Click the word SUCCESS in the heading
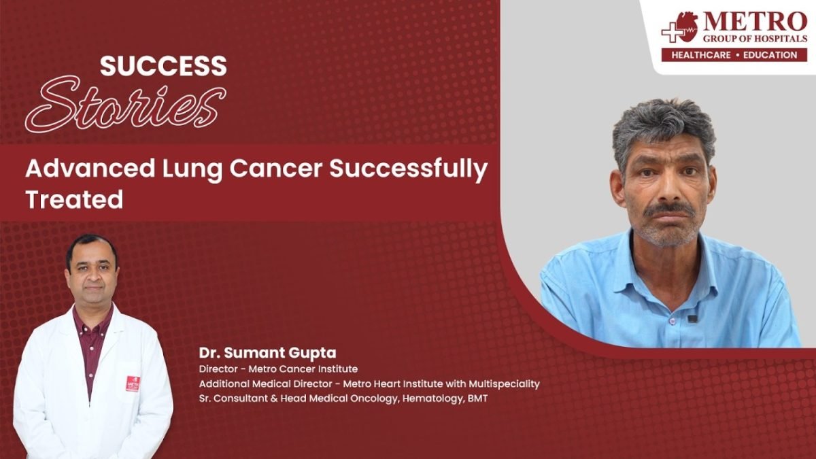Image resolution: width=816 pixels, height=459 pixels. pos(164,66)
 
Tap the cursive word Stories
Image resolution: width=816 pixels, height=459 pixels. pos(126,105)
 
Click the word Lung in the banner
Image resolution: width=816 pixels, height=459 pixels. pos(192,169)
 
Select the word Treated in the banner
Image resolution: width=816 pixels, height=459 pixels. pos(74,200)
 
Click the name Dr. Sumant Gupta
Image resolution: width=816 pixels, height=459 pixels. pos(267,353)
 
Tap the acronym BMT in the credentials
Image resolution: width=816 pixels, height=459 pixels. pos(477,398)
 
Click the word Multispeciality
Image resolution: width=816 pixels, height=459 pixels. pos(504,384)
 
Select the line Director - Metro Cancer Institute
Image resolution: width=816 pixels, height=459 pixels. pos(278,369)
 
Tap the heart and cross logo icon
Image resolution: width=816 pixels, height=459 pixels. pos(680,28)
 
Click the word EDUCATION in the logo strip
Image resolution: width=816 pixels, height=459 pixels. pos(770,55)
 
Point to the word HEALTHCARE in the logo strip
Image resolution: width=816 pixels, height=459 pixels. pos(701,55)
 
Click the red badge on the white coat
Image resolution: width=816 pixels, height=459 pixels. pos(133,384)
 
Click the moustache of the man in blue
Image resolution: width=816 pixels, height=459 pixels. pos(670,210)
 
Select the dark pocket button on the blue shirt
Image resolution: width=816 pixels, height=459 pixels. pos(692,319)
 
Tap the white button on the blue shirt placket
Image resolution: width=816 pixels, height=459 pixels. pos(673,321)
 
